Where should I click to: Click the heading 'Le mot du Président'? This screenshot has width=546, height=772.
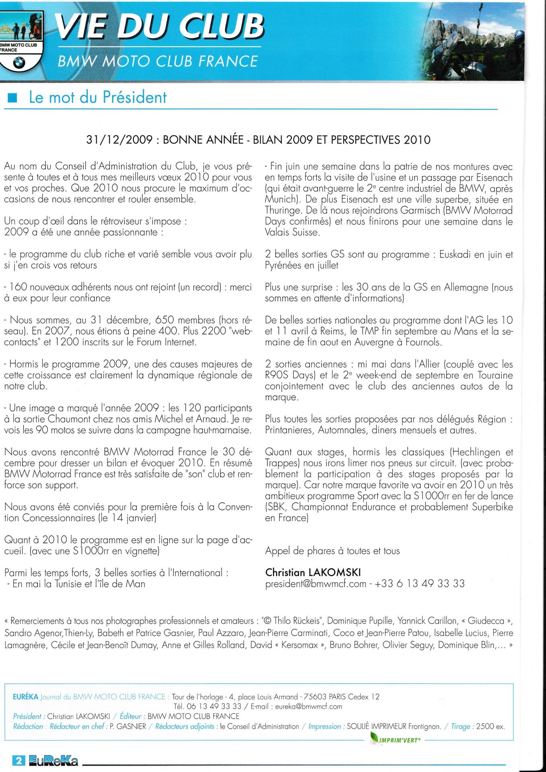click(97, 97)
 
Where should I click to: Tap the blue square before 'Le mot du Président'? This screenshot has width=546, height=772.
click(13, 98)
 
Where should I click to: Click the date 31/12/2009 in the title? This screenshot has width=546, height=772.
click(120, 140)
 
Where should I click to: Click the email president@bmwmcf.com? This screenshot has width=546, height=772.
click(316, 583)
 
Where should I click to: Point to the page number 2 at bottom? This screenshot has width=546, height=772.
click(18, 760)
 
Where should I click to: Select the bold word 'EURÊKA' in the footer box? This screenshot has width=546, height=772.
click(25, 696)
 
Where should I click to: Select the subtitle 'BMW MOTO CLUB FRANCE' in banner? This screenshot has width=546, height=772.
click(158, 61)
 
